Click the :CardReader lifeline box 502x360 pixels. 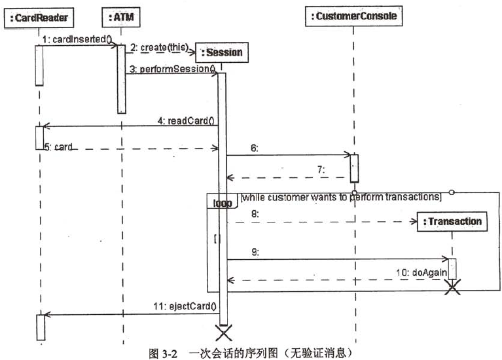(x=39, y=18)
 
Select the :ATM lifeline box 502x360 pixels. (x=121, y=17)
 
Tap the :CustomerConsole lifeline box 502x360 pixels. (x=354, y=16)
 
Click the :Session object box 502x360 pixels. (x=222, y=52)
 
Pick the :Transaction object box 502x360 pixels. (x=452, y=221)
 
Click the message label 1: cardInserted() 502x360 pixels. (x=77, y=39)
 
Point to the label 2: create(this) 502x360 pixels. (x=160, y=48)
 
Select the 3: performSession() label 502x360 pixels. (x=173, y=69)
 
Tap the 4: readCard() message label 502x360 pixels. (x=186, y=120)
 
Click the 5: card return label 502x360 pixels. (x=58, y=147)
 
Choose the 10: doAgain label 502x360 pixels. (x=421, y=272)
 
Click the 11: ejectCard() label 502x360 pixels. (x=185, y=306)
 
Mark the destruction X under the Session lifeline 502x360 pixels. (x=223, y=333)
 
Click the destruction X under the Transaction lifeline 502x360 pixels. (x=452, y=287)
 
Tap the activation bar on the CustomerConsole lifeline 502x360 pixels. (x=354, y=168)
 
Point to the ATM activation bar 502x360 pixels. (x=121, y=79)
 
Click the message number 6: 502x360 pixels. (x=255, y=148)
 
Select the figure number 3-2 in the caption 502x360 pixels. (x=170, y=354)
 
